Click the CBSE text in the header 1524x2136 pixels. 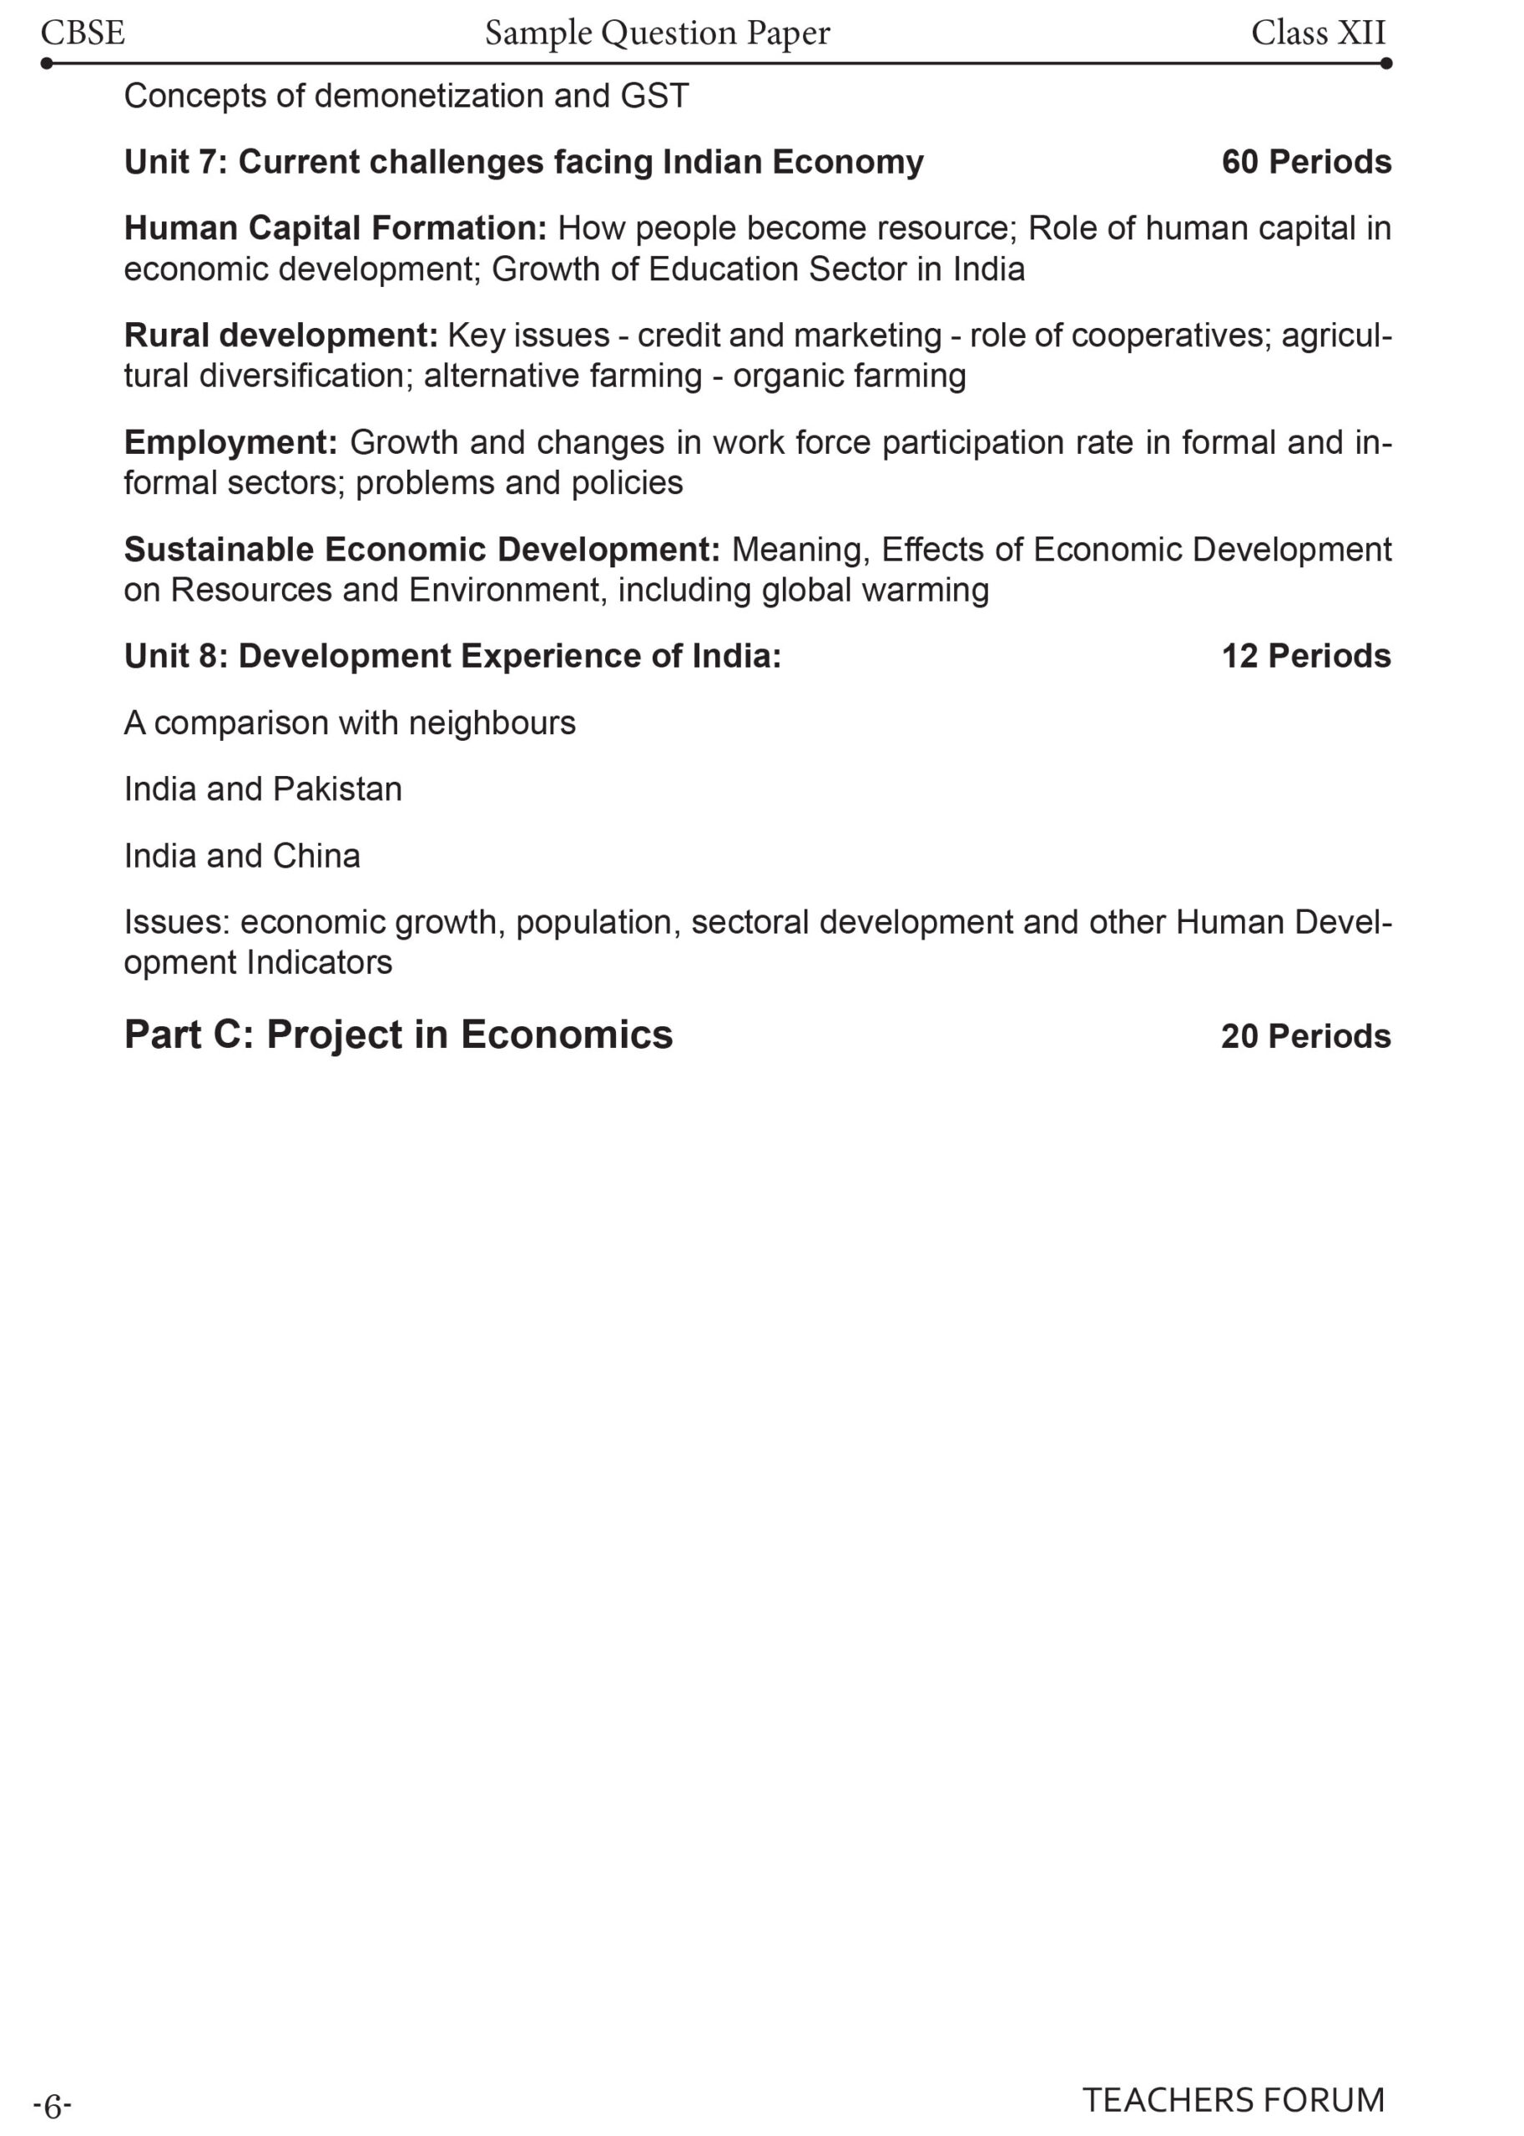point(83,33)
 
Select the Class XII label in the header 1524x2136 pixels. point(1318,33)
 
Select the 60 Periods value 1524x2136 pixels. point(1305,163)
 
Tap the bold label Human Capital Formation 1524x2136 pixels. point(335,229)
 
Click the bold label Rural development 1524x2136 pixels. point(280,335)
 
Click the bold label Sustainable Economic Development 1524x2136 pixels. point(421,549)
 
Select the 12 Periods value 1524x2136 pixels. point(1305,656)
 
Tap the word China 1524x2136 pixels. point(315,855)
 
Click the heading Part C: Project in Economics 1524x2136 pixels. point(398,1035)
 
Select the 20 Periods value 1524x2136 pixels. point(1305,1035)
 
